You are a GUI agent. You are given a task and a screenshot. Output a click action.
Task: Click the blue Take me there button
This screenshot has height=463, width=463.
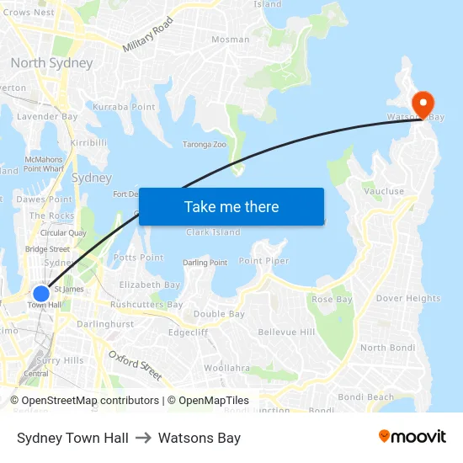(x=231, y=207)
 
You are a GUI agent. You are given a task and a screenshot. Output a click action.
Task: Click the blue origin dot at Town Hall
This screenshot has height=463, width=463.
(x=41, y=293)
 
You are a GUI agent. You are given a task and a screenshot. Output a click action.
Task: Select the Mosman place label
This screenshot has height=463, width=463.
(x=230, y=40)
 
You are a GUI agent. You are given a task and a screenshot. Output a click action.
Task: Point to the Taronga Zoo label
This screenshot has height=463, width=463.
(x=205, y=145)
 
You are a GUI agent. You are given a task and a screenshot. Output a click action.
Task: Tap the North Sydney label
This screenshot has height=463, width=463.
(x=51, y=63)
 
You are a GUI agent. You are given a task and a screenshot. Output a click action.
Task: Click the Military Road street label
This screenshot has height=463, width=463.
(x=148, y=35)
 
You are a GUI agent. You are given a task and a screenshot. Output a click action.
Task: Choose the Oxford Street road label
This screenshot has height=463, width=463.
(x=135, y=364)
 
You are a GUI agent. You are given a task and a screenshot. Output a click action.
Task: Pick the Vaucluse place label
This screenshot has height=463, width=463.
(x=384, y=192)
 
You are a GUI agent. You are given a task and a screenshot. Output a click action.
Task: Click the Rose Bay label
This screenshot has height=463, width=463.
(x=332, y=300)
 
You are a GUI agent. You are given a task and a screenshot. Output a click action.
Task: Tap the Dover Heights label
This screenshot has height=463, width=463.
(x=408, y=298)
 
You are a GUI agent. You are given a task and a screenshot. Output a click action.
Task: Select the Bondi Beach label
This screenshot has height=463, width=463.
(x=365, y=397)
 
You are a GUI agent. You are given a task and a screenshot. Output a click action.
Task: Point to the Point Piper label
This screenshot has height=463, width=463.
(x=263, y=261)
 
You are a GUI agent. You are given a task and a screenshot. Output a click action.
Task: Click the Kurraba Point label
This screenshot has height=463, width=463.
(x=124, y=107)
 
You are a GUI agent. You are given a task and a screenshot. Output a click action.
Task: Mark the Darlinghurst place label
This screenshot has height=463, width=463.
(x=105, y=324)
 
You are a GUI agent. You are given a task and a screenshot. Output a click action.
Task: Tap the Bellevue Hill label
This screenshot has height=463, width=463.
(x=286, y=333)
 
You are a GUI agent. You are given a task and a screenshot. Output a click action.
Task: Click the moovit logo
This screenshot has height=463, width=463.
(x=412, y=437)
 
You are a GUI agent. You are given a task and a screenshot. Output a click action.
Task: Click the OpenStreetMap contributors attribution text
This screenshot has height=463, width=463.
(x=90, y=401)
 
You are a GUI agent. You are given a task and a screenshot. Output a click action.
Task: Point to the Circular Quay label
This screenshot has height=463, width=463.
(x=63, y=233)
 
